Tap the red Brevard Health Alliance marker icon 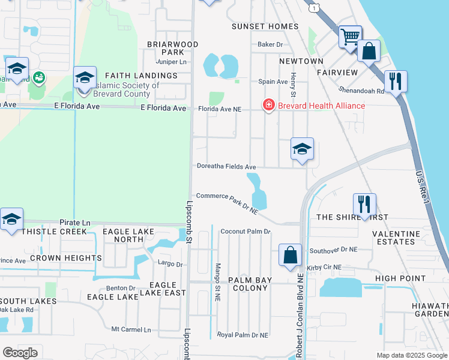click(x=268, y=106)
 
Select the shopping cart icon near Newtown click(x=350, y=37)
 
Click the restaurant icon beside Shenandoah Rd click(x=396, y=82)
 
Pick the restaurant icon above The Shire click(x=364, y=205)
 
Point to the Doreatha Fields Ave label click(x=227, y=167)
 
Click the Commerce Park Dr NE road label click(x=227, y=203)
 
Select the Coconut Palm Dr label click(x=246, y=232)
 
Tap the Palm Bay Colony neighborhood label click(x=246, y=284)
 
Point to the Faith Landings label click(x=141, y=76)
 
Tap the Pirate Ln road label click(x=74, y=223)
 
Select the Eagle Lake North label click(x=123, y=235)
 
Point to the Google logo click(x=20, y=353)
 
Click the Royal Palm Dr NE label click(x=242, y=335)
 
